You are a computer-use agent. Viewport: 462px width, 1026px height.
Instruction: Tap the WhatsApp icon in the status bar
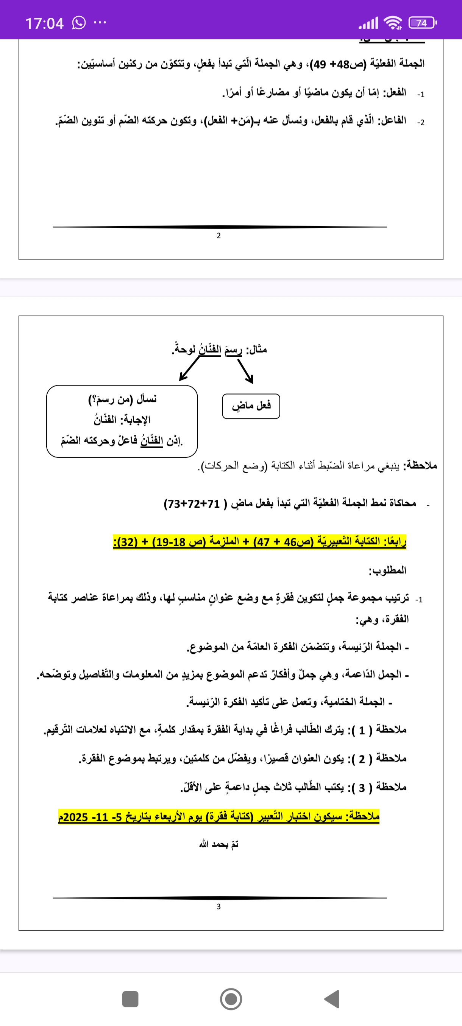(78, 23)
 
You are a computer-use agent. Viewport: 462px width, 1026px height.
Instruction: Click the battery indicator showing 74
(422, 23)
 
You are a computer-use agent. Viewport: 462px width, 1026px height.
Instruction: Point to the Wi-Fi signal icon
(392, 23)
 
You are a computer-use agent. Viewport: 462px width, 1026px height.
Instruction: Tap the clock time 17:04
(44, 23)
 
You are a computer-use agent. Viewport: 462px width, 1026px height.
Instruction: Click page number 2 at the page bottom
(219, 236)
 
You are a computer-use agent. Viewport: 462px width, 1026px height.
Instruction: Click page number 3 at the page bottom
(219, 906)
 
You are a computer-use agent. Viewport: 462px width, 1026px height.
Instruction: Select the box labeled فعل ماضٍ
(251, 406)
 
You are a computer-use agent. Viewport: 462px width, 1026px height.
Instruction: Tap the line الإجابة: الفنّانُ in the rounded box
(122, 420)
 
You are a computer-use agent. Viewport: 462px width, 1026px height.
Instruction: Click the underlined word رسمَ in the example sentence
(233, 350)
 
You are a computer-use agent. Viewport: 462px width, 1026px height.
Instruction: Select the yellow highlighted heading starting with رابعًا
(259, 542)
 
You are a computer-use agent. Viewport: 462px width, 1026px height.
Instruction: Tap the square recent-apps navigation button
(130, 999)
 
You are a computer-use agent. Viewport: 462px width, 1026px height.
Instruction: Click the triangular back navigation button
(332, 999)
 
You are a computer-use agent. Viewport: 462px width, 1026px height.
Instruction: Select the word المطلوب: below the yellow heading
(387, 571)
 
